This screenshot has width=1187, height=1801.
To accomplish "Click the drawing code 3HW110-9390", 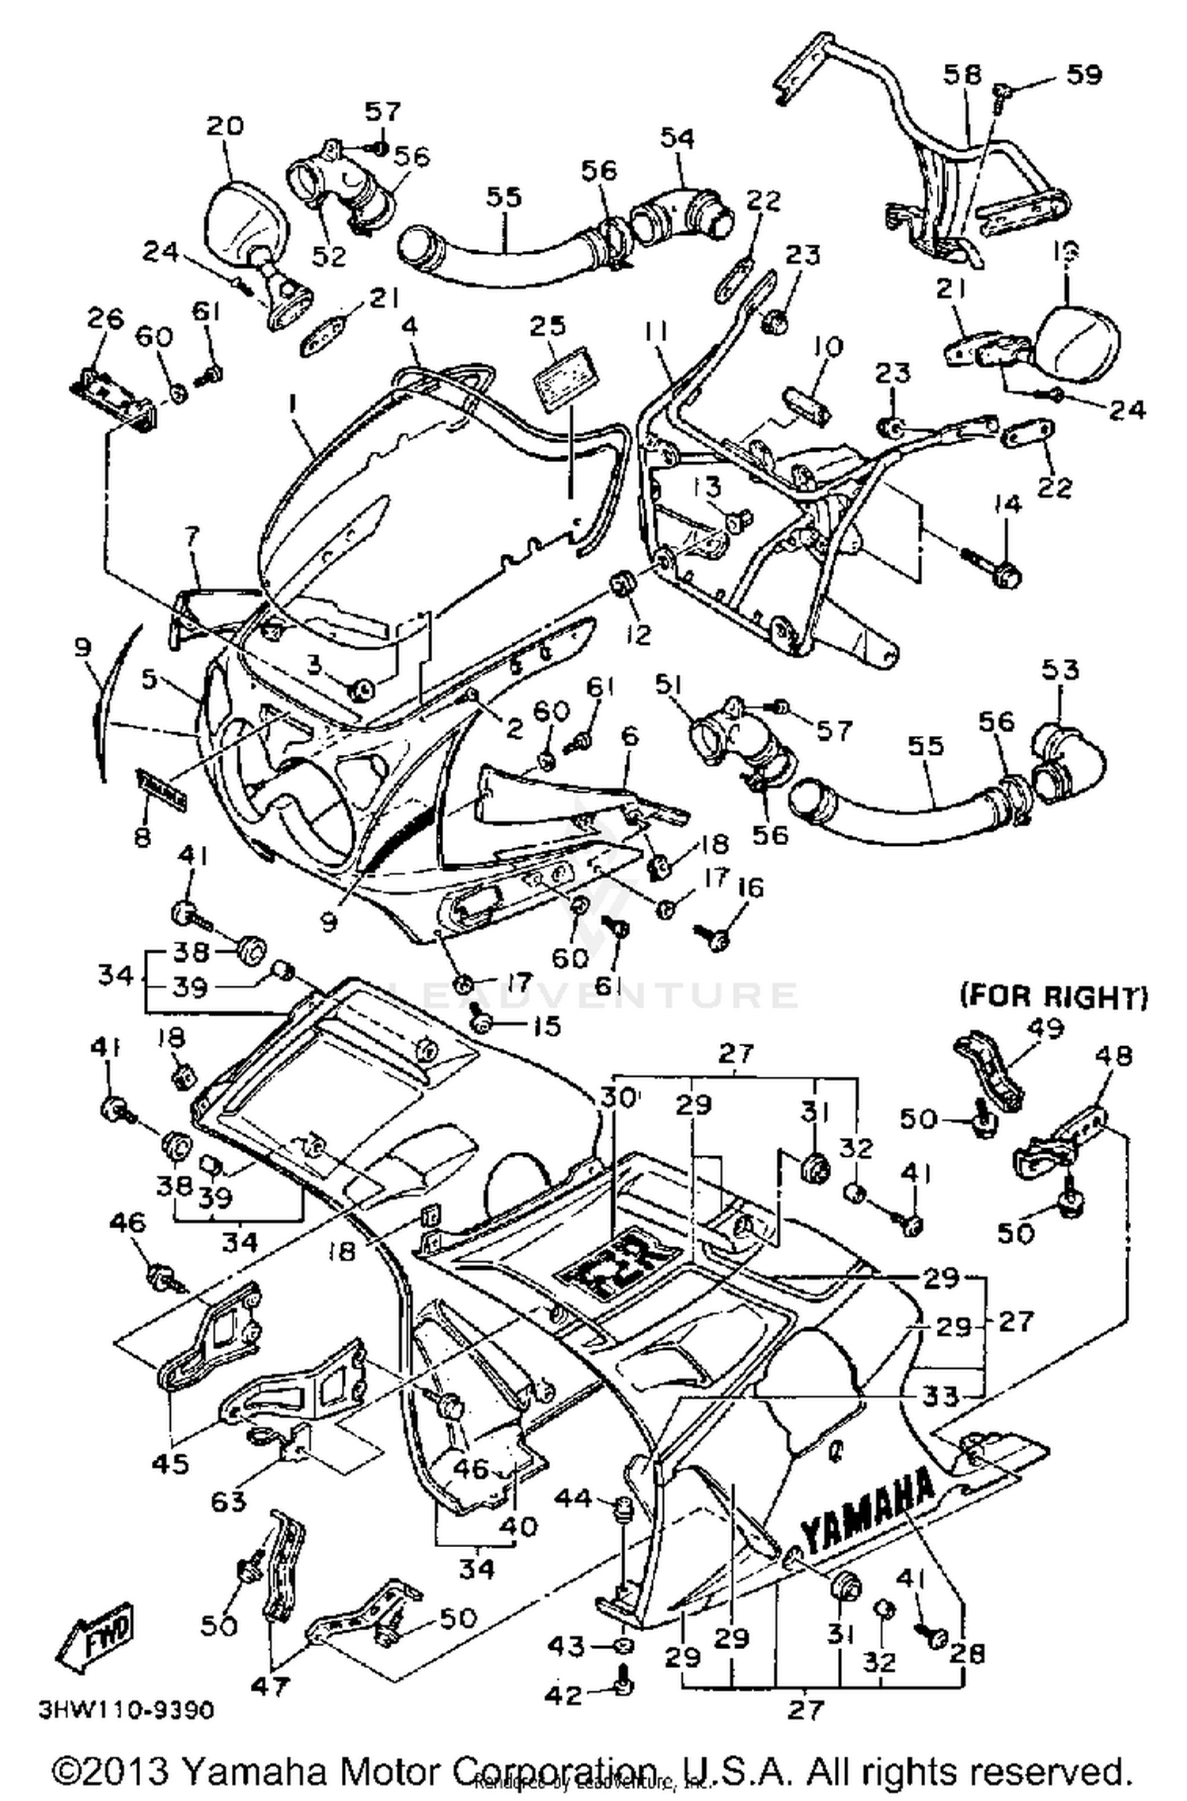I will click(126, 1710).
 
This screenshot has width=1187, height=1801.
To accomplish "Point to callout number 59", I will click(1083, 74).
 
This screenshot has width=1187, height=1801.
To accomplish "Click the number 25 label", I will click(548, 326).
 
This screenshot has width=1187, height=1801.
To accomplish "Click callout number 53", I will click(1060, 669).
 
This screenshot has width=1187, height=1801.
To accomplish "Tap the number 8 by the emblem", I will click(142, 836).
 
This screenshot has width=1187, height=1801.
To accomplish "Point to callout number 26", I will click(105, 319).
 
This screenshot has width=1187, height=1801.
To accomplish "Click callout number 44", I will click(572, 1497).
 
